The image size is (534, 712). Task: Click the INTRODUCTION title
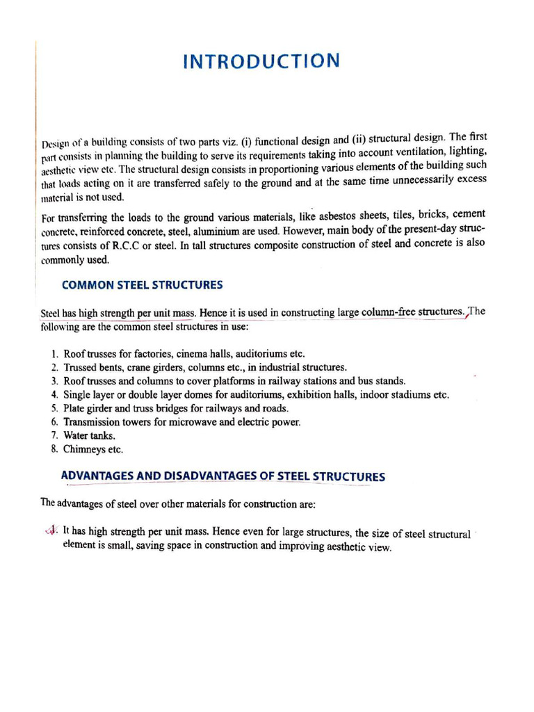click(x=261, y=61)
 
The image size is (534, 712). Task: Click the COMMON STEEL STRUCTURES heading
click(x=142, y=284)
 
